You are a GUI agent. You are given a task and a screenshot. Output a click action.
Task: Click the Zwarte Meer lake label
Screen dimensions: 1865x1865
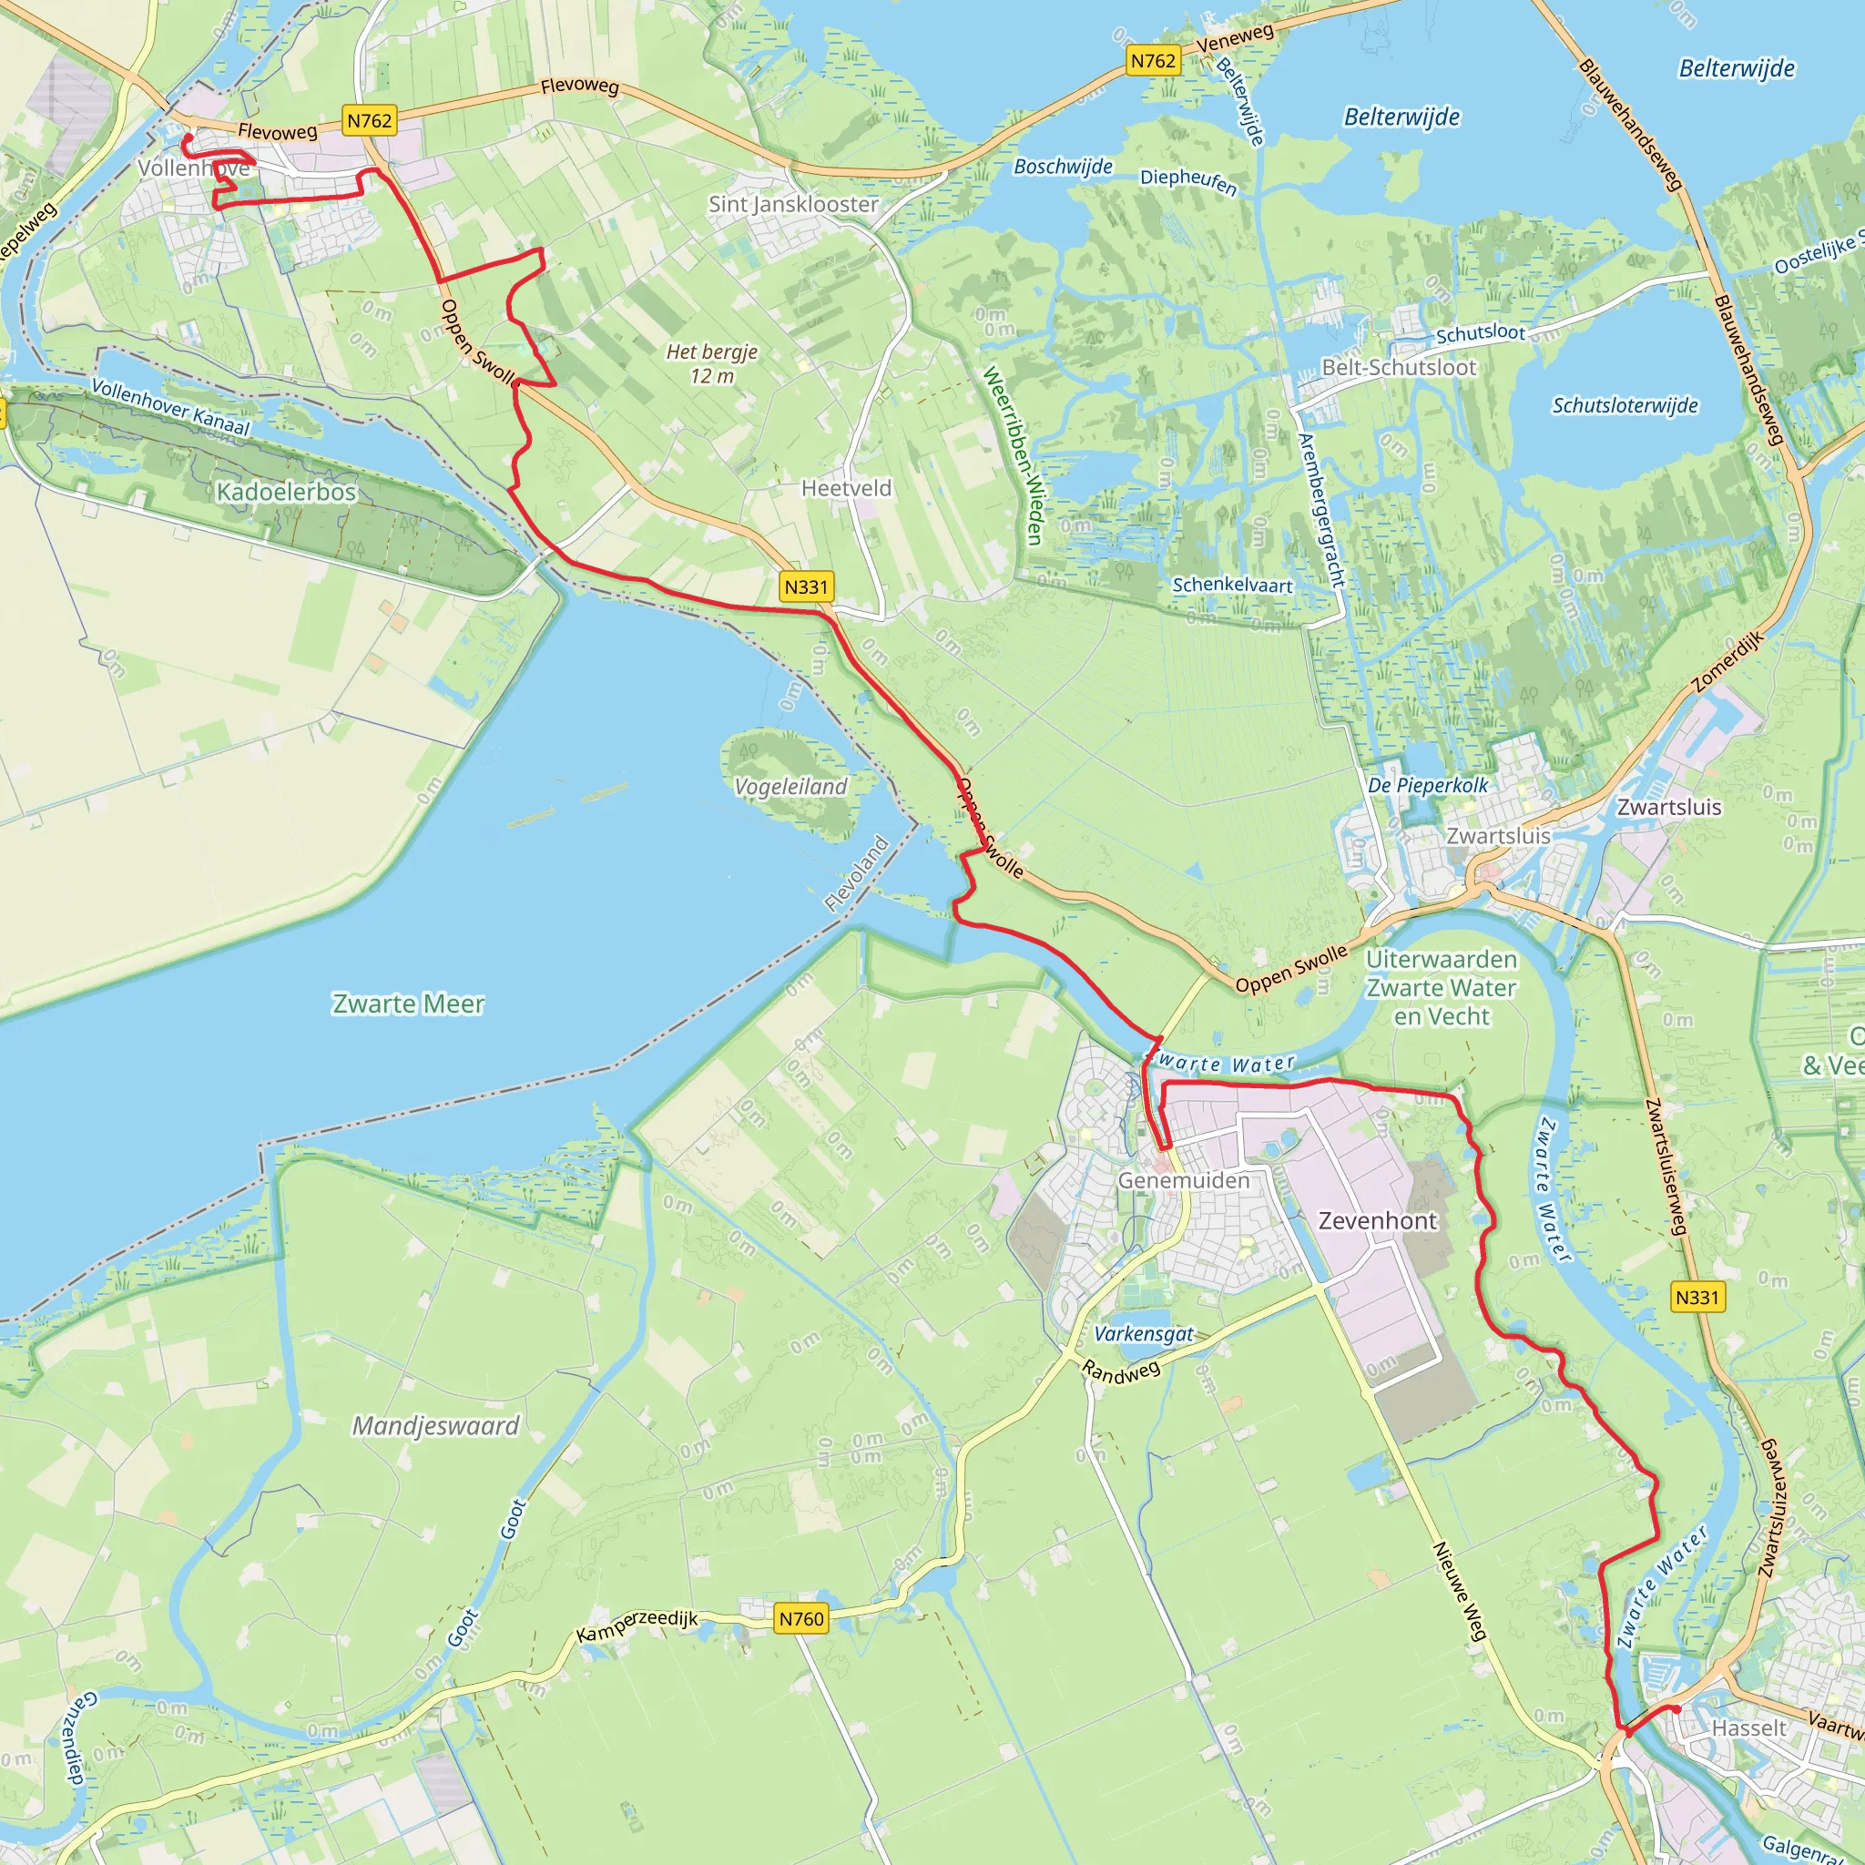point(408,1004)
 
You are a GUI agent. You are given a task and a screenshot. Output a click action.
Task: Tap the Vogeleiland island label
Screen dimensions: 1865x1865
point(790,787)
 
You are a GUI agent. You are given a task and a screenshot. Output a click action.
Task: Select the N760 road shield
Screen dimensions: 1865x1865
point(801,1619)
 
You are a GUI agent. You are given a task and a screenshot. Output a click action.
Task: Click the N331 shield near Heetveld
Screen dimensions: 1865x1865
point(806,587)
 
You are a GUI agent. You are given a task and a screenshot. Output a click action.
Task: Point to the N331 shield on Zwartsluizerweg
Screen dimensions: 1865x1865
point(1697,1298)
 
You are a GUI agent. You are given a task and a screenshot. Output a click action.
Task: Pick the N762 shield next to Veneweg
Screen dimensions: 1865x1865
point(1154,61)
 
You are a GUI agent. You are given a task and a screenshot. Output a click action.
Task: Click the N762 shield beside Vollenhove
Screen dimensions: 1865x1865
point(370,121)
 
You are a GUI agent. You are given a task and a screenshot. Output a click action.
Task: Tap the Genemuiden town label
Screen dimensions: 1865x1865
point(1184,1180)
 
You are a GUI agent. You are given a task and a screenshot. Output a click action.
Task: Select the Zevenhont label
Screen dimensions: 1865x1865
point(1378,1221)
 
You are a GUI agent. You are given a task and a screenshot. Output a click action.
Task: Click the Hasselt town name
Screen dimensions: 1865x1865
point(1749,1727)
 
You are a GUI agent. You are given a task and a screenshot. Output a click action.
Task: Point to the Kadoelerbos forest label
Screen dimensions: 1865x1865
point(286,493)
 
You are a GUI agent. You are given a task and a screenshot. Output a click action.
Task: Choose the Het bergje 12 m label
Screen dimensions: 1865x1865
point(711,364)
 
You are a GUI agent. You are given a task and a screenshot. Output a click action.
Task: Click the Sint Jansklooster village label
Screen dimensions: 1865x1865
point(793,205)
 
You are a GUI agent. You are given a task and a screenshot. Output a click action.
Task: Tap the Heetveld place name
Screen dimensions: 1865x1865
point(847,488)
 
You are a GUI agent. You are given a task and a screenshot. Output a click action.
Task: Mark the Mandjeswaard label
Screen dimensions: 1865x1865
point(435,1426)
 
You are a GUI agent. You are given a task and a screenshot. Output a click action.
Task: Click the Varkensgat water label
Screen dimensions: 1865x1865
point(1144,1334)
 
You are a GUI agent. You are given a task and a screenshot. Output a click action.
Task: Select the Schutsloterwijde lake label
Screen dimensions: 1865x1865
point(1625,405)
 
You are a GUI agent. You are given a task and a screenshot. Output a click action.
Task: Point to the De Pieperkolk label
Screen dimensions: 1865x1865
point(1428,786)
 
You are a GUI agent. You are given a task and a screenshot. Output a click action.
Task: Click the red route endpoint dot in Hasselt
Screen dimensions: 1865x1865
point(1676,1708)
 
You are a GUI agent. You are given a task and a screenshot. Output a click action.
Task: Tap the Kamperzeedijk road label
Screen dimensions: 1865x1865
point(637,1626)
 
